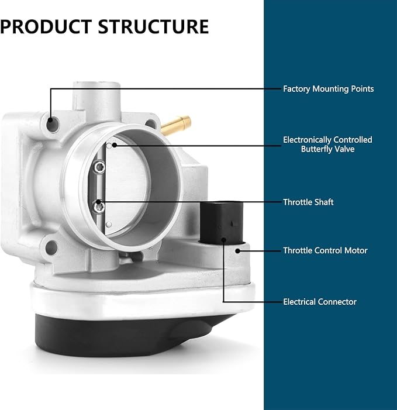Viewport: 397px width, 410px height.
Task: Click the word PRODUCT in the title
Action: pos(46,27)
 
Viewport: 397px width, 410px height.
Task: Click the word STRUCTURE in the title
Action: pos(153,27)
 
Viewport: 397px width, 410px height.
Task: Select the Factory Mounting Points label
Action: pos(328,89)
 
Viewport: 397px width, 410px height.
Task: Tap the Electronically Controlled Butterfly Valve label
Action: pos(327,144)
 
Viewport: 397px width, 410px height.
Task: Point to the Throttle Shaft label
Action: pos(308,202)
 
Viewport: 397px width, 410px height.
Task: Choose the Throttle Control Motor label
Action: pos(325,250)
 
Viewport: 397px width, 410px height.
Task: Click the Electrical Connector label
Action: pos(320,302)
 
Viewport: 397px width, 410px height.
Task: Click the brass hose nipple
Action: pos(176,125)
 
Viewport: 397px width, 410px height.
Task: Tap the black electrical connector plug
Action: pos(222,222)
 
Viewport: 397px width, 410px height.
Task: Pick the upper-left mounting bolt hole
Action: pos(52,125)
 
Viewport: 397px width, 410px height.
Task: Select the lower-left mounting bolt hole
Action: pos(51,247)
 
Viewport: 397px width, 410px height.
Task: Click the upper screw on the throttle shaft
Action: pos(99,167)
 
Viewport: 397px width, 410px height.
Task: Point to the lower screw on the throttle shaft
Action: pos(99,206)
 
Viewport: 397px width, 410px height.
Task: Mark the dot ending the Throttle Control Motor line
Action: pos(237,251)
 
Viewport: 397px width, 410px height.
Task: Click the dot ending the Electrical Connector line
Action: pos(224,240)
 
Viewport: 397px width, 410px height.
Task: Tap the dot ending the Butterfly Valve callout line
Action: pos(114,145)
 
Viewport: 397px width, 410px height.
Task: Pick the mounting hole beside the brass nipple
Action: pos(151,123)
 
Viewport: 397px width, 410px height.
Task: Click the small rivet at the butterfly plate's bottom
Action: pos(109,225)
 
